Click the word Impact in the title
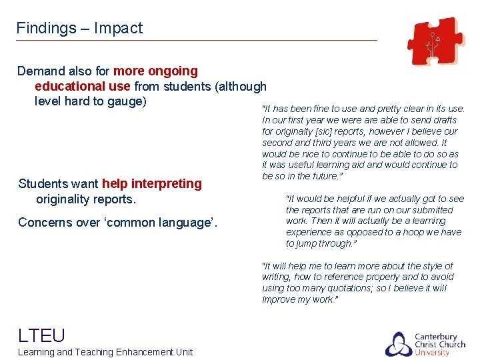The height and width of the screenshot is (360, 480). pyautogui.click(x=118, y=28)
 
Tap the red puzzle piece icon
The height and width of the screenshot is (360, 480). pyautogui.click(x=434, y=41)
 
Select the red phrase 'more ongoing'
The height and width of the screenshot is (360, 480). pyautogui.click(x=155, y=71)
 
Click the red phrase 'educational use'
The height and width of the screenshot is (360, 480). pyautogui.click(x=83, y=86)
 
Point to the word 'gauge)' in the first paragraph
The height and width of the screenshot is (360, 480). pyautogui.click(x=126, y=101)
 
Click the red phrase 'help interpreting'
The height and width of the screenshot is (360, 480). pyautogui.click(x=151, y=183)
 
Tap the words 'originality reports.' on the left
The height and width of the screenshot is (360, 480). pyautogui.click(x=85, y=199)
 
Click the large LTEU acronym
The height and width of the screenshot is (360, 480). pyautogui.click(x=41, y=335)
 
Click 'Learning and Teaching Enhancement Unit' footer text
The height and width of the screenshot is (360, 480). pyautogui.click(x=105, y=352)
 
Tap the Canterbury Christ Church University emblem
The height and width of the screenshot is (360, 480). pyautogui.click(x=398, y=344)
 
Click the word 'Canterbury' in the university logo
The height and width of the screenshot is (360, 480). pyautogui.click(x=436, y=336)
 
